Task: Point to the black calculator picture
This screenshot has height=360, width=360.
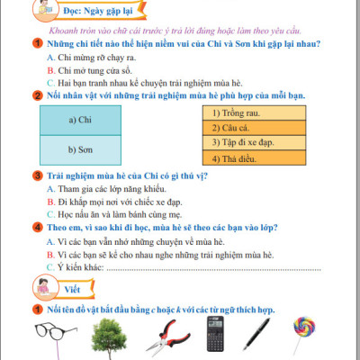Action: tap(214, 333)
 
